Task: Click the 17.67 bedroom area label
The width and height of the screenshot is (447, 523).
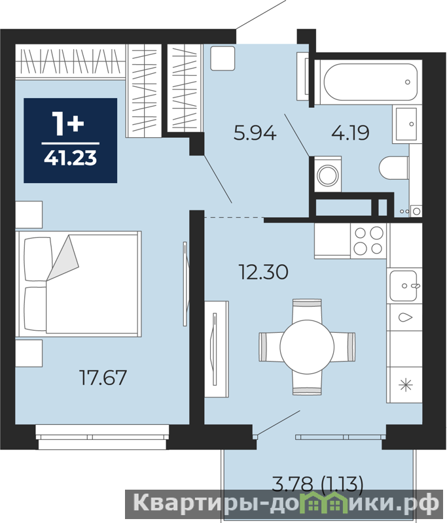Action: tap(103, 377)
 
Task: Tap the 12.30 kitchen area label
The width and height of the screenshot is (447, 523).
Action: tap(263, 271)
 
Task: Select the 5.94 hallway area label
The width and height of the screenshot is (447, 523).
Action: tap(255, 133)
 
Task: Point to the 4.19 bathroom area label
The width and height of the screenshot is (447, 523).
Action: tap(350, 133)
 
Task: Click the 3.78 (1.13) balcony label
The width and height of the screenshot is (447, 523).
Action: tap(317, 484)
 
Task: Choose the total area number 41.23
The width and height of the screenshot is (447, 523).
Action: tap(71, 158)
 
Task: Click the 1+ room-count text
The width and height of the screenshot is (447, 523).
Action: tap(68, 124)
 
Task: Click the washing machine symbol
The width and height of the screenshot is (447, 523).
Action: tap(328, 174)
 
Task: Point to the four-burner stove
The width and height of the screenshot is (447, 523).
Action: tap(368, 241)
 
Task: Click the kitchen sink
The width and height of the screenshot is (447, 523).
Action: tap(404, 286)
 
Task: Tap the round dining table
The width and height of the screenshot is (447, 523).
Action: tap(307, 346)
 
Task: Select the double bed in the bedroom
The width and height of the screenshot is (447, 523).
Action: tap(79, 284)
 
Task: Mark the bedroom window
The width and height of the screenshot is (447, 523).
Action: tap(102, 437)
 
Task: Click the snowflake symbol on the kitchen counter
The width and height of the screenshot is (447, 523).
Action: tap(406, 385)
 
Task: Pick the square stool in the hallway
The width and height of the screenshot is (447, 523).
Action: tap(223, 58)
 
